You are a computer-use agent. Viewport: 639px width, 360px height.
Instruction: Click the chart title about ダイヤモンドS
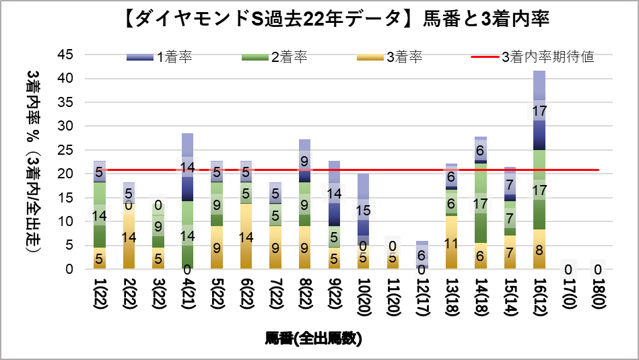click(x=319, y=20)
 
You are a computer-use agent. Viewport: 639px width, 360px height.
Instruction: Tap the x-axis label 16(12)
click(x=539, y=297)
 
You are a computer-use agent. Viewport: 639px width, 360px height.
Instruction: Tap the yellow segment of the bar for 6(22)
click(x=246, y=236)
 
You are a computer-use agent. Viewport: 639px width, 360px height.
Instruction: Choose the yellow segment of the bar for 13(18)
click(x=451, y=242)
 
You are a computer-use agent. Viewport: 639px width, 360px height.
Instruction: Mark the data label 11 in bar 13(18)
click(x=451, y=243)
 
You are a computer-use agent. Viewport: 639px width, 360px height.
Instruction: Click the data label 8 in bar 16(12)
click(x=539, y=250)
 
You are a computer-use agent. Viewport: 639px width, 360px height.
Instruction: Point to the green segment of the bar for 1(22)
click(x=99, y=215)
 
